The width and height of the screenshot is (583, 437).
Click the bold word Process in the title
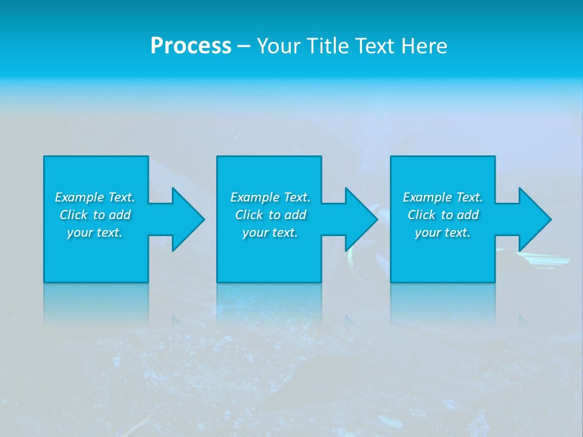[191, 46]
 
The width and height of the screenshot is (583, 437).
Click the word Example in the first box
[80, 197]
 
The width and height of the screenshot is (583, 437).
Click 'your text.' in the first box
[95, 232]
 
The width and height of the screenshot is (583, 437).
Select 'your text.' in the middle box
[270, 232]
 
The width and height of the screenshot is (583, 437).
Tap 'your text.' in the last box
[443, 232]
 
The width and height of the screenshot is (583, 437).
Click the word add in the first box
[120, 215]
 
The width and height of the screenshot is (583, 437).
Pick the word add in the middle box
[296, 215]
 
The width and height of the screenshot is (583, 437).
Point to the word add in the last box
[468, 215]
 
